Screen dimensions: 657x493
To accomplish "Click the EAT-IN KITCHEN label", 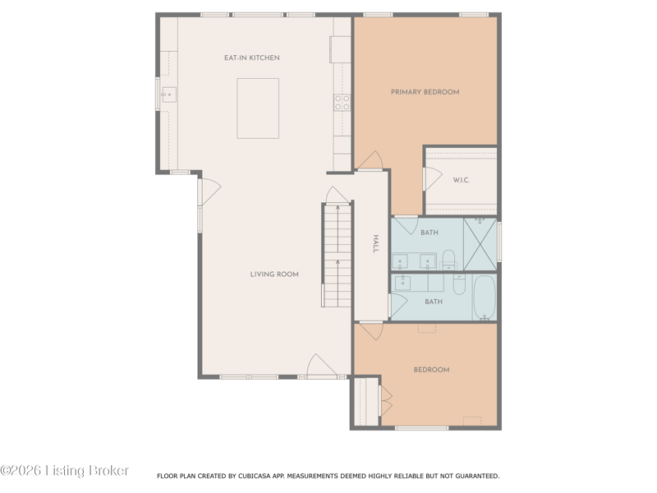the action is coord(252,58).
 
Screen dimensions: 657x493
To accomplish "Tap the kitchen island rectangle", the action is coord(258,108).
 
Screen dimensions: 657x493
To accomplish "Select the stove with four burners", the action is coord(342,103).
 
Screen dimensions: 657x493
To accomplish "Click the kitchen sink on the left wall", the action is coord(169,94).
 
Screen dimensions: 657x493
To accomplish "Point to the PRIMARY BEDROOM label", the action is coord(425,92).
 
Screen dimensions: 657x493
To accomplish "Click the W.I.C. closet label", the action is coord(461,180).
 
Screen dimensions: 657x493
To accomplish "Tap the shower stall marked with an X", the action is coord(480,244).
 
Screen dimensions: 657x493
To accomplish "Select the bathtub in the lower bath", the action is coord(485,297).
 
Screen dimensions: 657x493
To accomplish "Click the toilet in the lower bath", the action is coord(459,284).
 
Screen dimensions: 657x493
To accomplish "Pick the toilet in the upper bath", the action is coord(448,260).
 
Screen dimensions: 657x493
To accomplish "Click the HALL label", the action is coord(375,243).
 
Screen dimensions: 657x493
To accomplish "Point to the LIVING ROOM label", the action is coord(274,274).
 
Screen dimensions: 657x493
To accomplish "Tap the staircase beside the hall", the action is coord(337,255).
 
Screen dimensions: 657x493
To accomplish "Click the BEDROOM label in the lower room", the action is coord(431,370).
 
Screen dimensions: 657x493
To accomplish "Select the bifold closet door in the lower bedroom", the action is coord(385,401).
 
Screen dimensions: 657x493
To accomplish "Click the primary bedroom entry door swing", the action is coord(370,160).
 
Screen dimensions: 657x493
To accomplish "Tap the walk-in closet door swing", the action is coord(433,178).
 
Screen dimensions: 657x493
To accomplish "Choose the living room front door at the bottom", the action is coord(322,366).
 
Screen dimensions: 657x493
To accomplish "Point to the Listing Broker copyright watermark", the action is coord(65,470).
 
